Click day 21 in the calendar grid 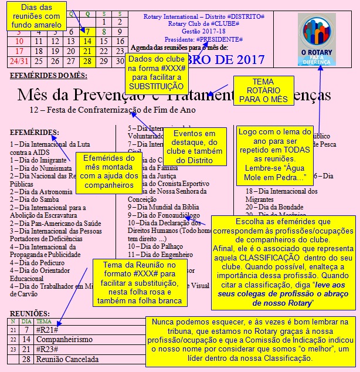pyautogui.click(x=87, y=51)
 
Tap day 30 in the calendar pyautogui.click(x=120, y=61)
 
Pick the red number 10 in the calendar pyautogui.click(x=19, y=41)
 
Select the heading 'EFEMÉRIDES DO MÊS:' pyautogui.click(x=49, y=76)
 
